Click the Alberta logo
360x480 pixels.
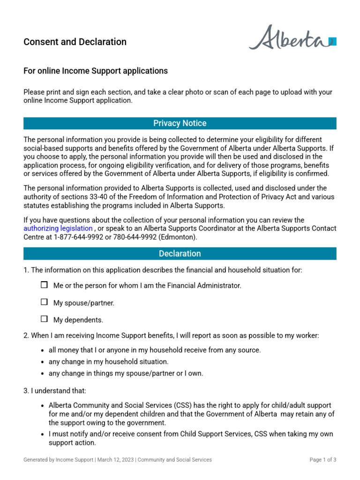point(292,38)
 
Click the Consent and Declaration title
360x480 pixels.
point(75,42)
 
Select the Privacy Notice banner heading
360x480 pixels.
point(180,123)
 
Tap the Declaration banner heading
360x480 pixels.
point(180,254)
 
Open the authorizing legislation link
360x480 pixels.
point(58,228)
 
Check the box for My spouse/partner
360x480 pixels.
point(44,302)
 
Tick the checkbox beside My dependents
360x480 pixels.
point(44,319)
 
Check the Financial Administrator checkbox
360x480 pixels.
point(44,285)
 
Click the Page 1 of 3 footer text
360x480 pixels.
point(323,460)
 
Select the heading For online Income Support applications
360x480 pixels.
point(96,71)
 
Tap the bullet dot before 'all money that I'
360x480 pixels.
point(43,350)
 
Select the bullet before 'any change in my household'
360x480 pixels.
point(43,362)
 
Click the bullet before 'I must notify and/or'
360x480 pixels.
point(43,435)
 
